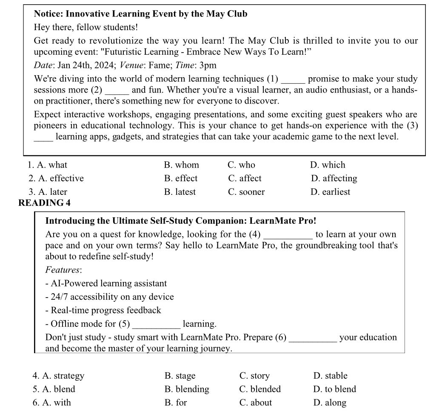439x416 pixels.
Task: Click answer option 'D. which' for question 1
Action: [328, 165]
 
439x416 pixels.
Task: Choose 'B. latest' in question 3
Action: [180, 192]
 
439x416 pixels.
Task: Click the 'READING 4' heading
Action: [45, 203]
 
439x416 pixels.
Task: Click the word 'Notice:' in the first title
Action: [48, 14]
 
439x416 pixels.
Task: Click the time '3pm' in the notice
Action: [208, 65]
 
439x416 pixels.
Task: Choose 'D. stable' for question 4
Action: [330, 376]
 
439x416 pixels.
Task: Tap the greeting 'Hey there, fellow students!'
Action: [86, 28]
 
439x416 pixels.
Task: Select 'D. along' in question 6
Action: [330, 402]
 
